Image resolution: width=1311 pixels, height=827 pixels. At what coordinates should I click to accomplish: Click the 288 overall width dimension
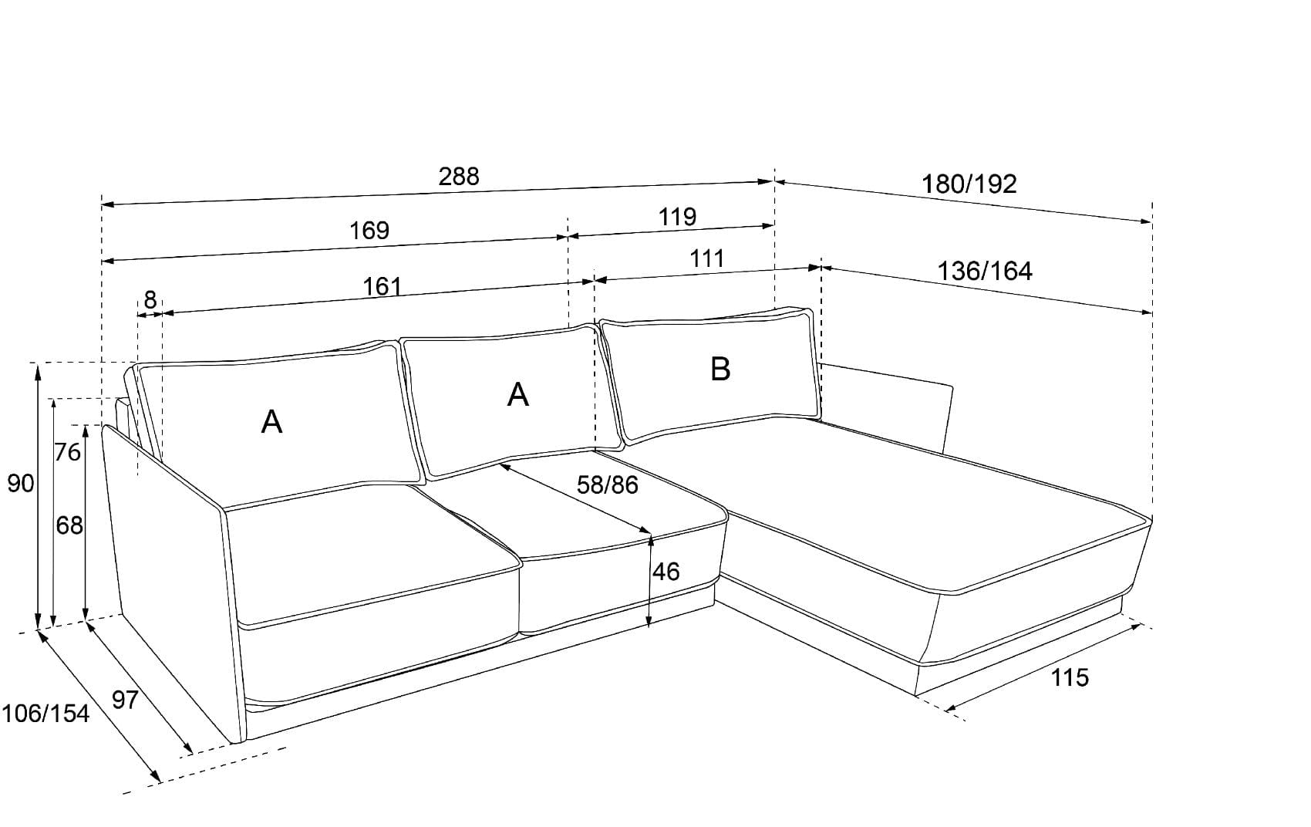pyautogui.click(x=459, y=177)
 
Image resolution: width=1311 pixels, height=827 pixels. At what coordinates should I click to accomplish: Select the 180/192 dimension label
pyautogui.click(x=969, y=184)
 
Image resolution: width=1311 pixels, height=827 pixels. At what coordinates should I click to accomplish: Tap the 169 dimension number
pyautogui.click(x=369, y=230)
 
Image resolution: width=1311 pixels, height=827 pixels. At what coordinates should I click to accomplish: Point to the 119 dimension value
pyautogui.click(x=677, y=217)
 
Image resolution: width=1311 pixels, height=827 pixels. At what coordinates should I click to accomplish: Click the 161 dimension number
pyautogui.click(x=383, y=287)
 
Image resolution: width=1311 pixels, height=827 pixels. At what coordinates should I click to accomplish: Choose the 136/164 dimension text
pyautogui.click(x=985, y=272)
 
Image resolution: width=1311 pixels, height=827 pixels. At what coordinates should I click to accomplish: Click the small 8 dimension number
pyautogui.click(x=150, y=299)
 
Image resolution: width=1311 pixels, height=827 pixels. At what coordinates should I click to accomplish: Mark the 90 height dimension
pyautogui.click(x=21, y=484)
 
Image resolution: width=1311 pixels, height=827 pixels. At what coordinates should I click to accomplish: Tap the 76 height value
pyautogui.click(x=68, y=452)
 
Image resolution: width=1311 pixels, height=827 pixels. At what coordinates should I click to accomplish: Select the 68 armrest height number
pyautogui.click(x=69, y=525)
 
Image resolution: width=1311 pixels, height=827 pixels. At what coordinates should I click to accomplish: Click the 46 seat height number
pyautogui.click(x=666, y=572)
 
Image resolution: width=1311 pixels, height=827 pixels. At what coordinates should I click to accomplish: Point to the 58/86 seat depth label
pyautogui.click(x=608, y=485)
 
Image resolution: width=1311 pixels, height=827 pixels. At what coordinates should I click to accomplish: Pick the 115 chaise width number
pyautogui.click(x=1070, y=678)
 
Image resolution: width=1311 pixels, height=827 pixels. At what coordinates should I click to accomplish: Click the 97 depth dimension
pyautogui.click(x=126, y=700)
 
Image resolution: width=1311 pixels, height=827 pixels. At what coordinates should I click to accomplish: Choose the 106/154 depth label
pyautogui.click(x=45, y=714)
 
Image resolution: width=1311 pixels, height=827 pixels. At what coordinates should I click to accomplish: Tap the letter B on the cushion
pyautogui.click(x=720, y=370)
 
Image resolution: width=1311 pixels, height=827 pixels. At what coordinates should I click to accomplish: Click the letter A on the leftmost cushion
pyautogui.click(x=271, y=422)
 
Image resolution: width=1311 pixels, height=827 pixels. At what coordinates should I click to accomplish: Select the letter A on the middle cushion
pyautogui.click(x=518, y=395)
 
